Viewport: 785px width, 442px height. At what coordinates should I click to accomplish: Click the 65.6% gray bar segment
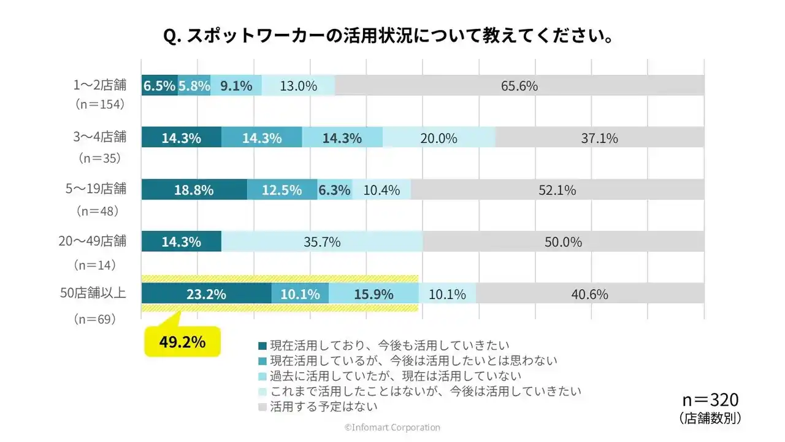pos(519,86)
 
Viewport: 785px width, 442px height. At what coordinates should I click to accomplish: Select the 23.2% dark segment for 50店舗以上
pos(206,294)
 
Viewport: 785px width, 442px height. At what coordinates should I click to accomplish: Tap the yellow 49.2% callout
pos(182,342)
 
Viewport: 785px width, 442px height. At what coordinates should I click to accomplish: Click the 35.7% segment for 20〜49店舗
pos(322,242)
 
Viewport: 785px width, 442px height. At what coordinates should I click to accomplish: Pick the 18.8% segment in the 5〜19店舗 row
pos(194,190)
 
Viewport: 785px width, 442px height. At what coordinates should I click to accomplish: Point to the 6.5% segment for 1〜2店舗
pos(159,86)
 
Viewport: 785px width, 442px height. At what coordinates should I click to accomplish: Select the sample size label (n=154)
pos(100,105)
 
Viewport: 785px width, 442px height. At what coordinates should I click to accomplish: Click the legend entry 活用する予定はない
pos(323,406)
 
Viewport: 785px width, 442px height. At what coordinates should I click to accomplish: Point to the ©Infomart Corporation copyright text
pos(392,427)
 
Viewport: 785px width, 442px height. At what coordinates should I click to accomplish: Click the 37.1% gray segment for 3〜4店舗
pos(599,138)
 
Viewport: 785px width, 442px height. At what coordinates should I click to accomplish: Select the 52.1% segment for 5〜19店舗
pos(557,190)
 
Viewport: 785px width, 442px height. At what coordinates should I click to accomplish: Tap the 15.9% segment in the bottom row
pos(373,294)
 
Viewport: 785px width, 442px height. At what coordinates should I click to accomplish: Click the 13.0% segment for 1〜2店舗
pos(298,86)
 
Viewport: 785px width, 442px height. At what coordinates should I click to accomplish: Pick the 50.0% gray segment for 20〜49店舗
pos(563,242)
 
